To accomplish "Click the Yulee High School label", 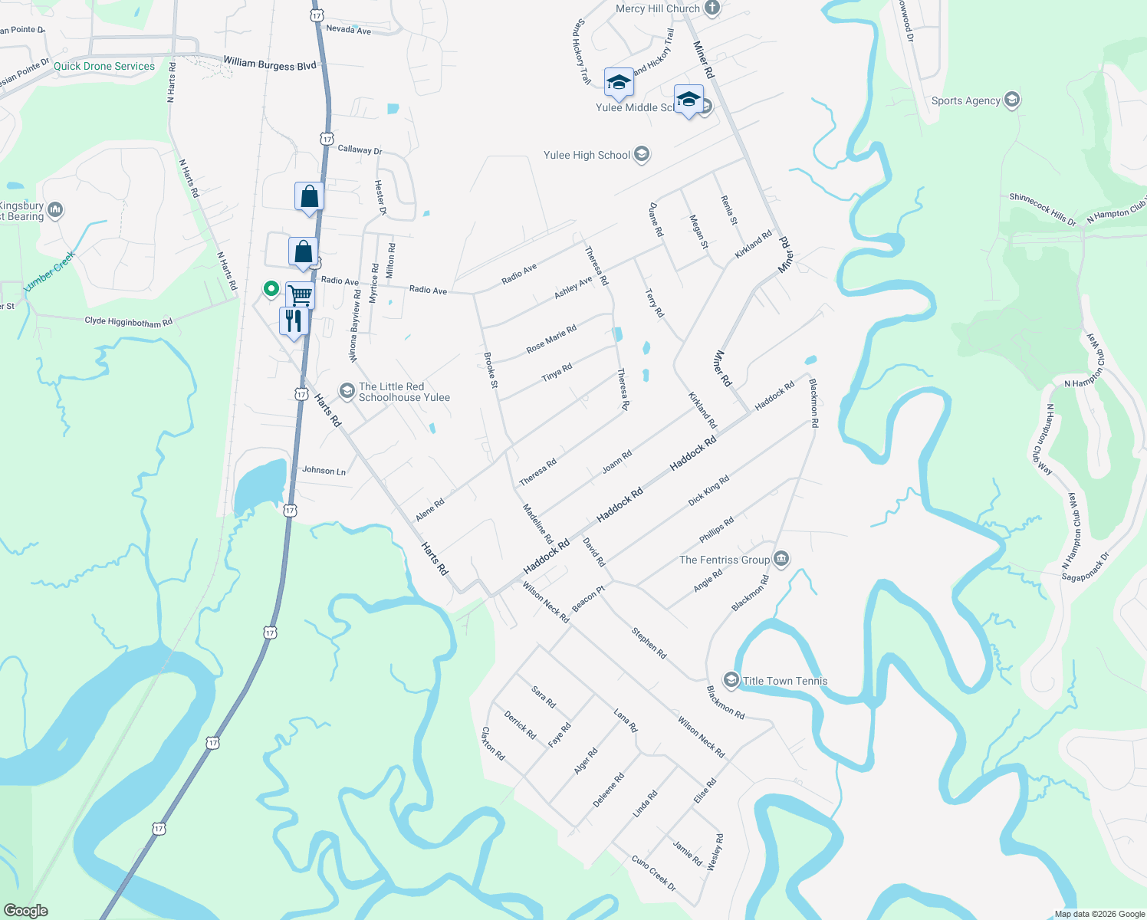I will point(587,155).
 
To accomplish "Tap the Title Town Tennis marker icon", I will point(731,680).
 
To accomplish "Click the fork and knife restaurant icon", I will point(294,320).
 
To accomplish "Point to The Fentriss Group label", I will point(724,560).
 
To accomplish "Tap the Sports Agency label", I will point(965,100).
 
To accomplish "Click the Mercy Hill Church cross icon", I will point(712,8).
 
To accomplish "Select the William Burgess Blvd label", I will point(269,64).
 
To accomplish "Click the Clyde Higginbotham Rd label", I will point(128,322).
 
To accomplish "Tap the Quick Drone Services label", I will point(104,67).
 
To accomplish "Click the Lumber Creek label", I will point(50,271).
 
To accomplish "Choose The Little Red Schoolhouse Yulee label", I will point(404,392).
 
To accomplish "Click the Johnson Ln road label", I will point(324,470).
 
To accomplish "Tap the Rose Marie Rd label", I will point(551,339).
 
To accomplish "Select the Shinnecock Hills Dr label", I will point(1043,209).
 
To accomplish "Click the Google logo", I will point(25,910).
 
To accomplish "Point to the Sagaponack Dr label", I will point(1085,567).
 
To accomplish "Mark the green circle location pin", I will point(271,289).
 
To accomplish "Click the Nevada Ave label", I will point(348,30).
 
